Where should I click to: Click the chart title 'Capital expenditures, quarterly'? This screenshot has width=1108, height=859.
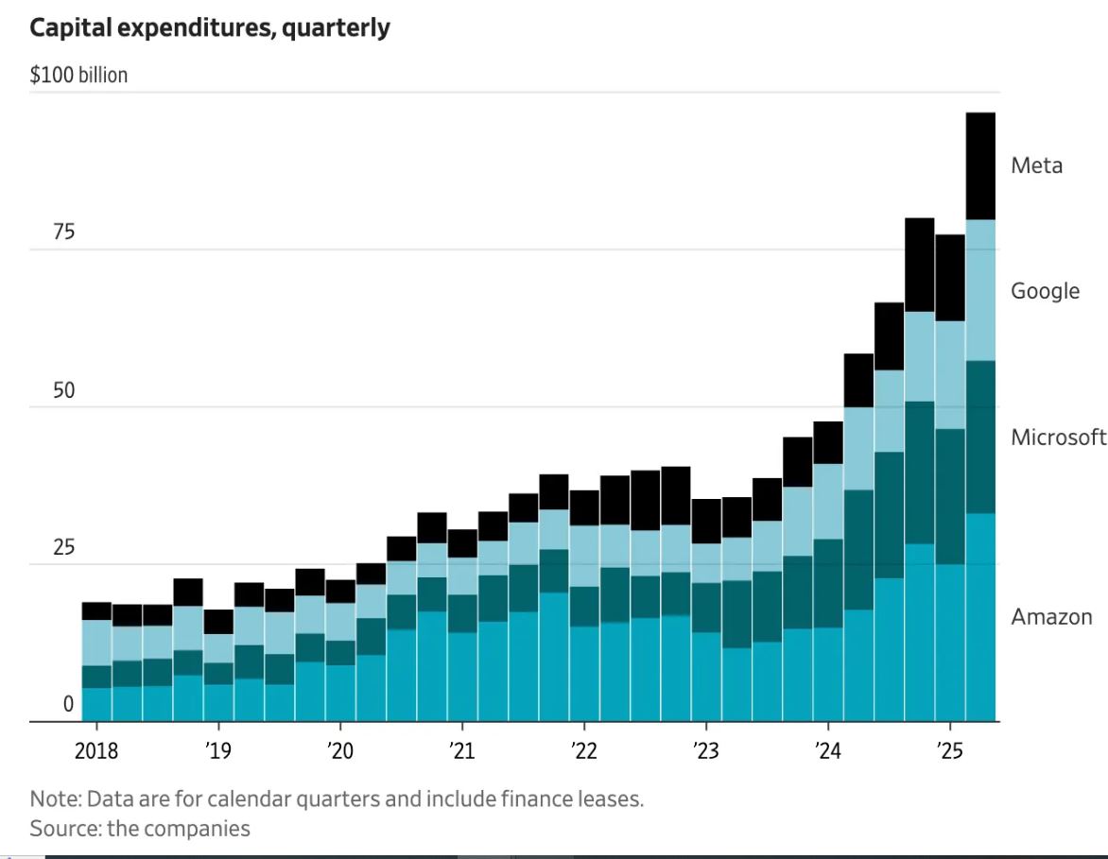click(x=209, y=28)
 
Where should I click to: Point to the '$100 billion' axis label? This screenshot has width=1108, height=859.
click(x=78, y=76)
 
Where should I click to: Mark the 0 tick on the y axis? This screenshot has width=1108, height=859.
click(x=68, y=704)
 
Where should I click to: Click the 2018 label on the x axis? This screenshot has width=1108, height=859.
click(x=95, y=752)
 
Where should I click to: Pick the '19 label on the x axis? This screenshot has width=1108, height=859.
click(x=218, y=752)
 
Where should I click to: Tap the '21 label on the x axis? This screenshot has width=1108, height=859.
click(x=461, y=752)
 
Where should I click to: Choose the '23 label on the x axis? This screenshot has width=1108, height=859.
click(x=705, y=752)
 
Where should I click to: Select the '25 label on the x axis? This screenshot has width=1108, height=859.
click(x=949, y=752)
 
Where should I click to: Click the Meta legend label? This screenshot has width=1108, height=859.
click(x=1036, y=166)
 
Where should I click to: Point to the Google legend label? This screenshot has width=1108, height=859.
click(x=1045, y=291)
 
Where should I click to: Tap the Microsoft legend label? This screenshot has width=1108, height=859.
click(x=1058, y=438)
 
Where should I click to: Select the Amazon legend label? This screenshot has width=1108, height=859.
click(x=1051, y=618)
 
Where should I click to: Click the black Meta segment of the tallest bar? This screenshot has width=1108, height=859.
click(x=980, y=166)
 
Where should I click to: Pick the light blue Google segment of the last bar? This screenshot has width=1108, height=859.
click(x=980, y=291)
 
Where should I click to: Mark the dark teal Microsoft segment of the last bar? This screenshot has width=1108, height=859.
click(x=980, y=438)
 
